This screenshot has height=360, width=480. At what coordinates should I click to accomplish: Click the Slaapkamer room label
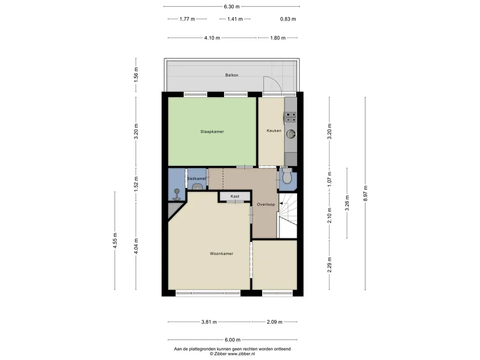tap(209, 132)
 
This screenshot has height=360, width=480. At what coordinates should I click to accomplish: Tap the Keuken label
tap(274, 131)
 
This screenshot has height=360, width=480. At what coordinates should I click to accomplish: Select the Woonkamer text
tap(221, 254)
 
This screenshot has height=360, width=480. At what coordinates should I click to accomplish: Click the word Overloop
tap(265, 204)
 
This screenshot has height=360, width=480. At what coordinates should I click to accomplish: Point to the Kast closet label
tap(235, 196)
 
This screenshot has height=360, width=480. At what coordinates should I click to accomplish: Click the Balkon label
tap(232, 75)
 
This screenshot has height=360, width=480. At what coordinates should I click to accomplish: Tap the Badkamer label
tap(196, 179)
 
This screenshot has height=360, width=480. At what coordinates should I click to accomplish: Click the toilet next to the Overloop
tap(287, 177)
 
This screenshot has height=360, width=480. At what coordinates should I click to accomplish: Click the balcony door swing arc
tap(274, 83)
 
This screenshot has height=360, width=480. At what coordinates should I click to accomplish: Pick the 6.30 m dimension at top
tap(232, 7)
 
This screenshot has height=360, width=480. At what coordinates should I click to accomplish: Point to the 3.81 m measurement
tap(209, 322)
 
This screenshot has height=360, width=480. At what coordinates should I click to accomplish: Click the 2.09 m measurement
tap(274, 322)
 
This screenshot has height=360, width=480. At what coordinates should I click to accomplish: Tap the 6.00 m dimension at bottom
tap(232, 340)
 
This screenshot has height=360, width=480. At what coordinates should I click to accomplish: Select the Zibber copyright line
tap(232, 354)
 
